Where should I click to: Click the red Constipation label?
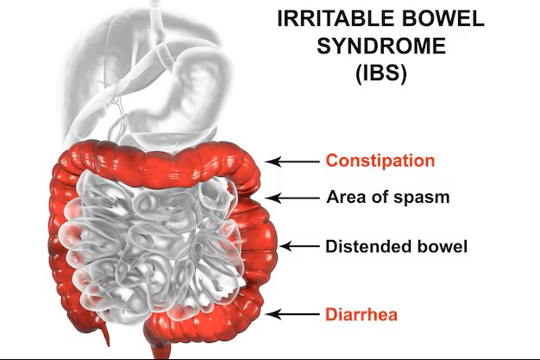(x=380, y=161)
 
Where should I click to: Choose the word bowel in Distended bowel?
(x=441, y=247)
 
